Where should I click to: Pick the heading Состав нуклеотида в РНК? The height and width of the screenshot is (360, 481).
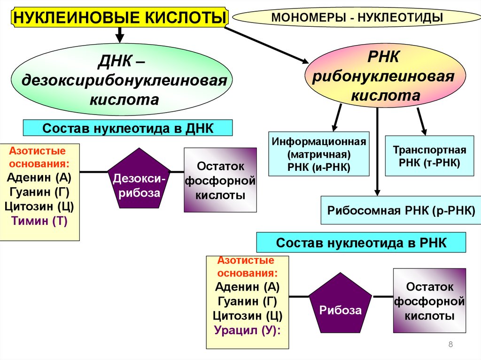tap(361, 243)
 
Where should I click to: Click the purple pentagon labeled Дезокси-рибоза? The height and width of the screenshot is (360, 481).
tap(139, 179)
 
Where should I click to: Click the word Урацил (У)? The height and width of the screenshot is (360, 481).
tap(247, 330)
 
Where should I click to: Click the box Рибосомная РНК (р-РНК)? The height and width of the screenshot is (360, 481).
tap(397, 210)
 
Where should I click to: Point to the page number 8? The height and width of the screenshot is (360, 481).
tap(450, 345)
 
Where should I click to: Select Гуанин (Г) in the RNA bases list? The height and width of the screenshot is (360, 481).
tap(247, 301)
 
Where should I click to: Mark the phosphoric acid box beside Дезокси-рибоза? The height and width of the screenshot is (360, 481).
tap(220, 180)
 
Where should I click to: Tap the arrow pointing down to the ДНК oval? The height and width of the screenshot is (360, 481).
tap(120, 34)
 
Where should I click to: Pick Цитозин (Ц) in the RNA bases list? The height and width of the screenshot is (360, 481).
tap(247, 316)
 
